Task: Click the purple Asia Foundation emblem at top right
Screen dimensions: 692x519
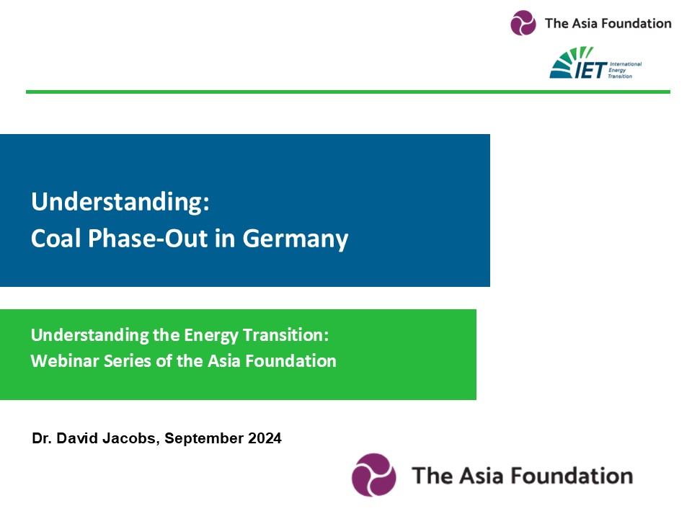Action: [523, 22]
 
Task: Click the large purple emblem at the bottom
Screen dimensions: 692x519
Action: [374, 475]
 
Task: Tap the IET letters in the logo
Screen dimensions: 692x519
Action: [591, 70]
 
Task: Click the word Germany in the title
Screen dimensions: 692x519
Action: [296, 239]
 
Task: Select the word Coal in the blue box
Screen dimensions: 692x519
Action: [56, 239]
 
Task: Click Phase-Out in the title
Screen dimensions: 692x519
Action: [148, 239]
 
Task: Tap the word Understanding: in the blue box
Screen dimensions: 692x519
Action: [120, 202]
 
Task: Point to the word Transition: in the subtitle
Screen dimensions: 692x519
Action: [286, 335]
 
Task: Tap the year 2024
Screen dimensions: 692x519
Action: [265, 438]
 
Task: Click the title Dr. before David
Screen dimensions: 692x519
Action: [42, 438]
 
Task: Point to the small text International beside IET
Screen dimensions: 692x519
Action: [626, 64]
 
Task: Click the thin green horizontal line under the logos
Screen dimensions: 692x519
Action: [348, 92]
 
